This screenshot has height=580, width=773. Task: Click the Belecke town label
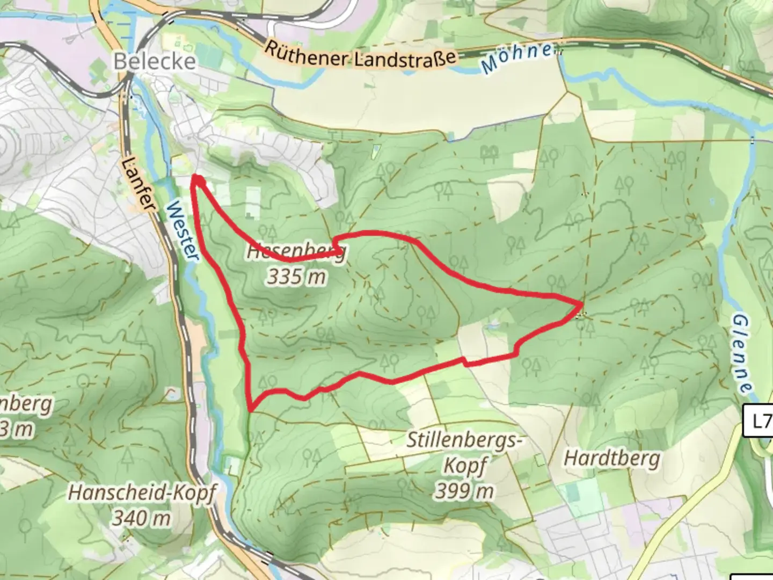point(154,61)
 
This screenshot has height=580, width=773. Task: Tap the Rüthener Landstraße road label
point(360,56)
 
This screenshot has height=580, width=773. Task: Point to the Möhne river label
point(517,58)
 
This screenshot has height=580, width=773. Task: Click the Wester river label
point(182,231)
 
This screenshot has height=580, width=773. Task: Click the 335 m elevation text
point(297,277)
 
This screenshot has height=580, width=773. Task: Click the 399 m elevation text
point(464,490)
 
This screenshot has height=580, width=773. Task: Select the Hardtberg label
point(612,459)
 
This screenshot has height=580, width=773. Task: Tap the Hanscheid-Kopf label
point(142,492)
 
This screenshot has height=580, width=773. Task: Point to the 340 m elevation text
point(141,518)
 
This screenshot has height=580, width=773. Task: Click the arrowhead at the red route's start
point(196,180)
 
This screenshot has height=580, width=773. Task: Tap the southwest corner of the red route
point(250,409)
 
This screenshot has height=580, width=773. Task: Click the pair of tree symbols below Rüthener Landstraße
point(489,154)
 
